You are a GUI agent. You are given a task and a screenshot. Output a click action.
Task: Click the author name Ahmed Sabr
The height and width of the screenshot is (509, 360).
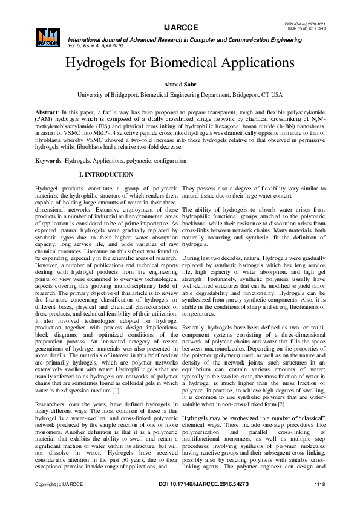(x=180, y=85)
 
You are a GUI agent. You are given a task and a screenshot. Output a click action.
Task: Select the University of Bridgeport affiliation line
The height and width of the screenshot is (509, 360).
(x=180, y=96)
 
